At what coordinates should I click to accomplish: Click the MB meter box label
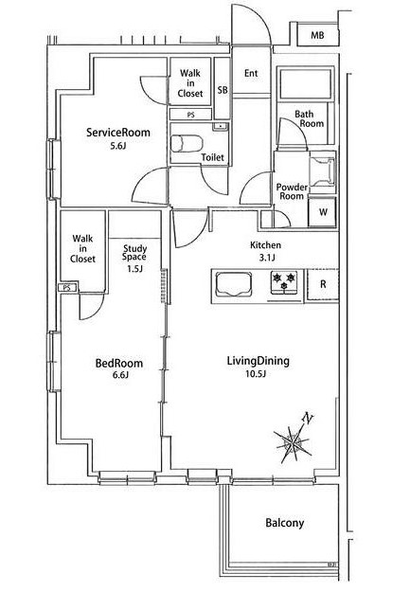[x=317, y=35]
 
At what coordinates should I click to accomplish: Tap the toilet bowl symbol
[x=187, y=143]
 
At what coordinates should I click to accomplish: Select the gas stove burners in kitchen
[x=284, y=281]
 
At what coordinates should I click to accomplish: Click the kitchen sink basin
[x=233, y=285]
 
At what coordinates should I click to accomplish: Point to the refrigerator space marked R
[x=323, y=284]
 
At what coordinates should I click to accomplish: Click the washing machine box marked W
[x=323, y=212]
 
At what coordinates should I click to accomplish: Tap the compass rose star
[x=293, y=442]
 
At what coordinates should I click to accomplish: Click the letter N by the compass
[x=309, y=419]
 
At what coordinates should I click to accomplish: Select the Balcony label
[x=285, y=523]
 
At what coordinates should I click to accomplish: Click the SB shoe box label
[x=223, y=90]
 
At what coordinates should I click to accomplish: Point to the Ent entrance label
[x=251, y=73]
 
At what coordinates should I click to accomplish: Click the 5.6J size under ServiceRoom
[x=117, y=145]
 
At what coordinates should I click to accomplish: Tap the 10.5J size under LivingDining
[x=258, y=374]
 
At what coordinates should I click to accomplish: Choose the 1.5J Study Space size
[x=134, y=268]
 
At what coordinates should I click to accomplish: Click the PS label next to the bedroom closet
[x=67, y=288]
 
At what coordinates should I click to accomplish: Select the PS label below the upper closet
[x=190, y=115]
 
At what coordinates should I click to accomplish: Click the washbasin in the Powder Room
[x=322, y=171]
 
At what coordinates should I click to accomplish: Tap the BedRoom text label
[x=119, y=363]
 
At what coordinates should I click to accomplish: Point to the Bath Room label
[x=310, y=118]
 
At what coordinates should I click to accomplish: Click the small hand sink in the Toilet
[x=220, y=127]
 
